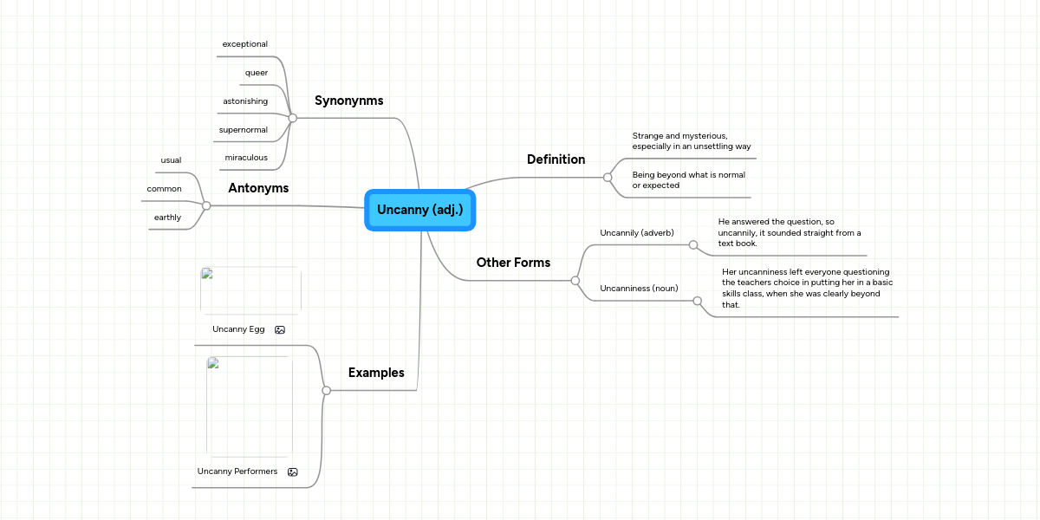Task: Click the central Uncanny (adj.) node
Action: tap(420, 210)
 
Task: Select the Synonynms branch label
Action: tap(348, 101)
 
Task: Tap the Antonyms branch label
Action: tap(258, 188)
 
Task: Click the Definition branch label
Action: tap(556, 159)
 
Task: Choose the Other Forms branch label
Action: tap(513, 263)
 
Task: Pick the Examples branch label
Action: tap(376, 373)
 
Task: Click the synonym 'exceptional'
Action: tap(245, 44)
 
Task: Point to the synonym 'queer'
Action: tap(257, 73)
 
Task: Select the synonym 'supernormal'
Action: tap(244, 130)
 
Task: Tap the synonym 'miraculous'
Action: tap(246, 158)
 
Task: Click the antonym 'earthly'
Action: tap(167, 218)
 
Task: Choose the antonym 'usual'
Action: tap(171, 160)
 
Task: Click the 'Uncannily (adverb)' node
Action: tap(637, 233)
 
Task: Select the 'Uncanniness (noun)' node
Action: tap(639, 288)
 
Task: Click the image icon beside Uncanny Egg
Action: tap(280, 330)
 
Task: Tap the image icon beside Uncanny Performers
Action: tap(293, 472)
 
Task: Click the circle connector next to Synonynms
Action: tap(293, 117)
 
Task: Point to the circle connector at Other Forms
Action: tap(575, 280)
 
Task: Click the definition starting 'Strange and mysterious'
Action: tap(691, 141)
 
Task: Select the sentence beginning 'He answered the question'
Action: tap(789, 233)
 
